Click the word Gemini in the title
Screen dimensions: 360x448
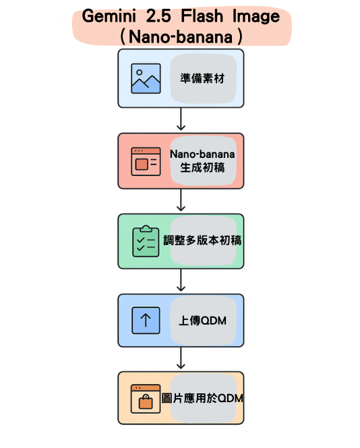(109, 16)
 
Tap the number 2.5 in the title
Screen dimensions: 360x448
(158, 16)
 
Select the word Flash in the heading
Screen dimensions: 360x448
(202, 16)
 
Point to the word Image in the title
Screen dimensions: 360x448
(256, 17)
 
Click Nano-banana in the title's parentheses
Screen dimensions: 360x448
(181, 37)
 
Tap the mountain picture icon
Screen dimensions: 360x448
(146, 78)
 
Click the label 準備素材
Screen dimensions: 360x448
(202, 78)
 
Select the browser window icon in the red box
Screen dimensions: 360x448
(146, 161)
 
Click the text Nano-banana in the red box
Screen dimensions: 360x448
(202, 155)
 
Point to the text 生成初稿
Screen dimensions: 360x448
(202, 168)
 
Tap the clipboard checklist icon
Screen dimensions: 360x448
(146, 241)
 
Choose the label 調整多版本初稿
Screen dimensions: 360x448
(202, 241)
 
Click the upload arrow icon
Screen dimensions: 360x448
(146, 320)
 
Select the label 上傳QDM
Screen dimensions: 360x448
(202, 320)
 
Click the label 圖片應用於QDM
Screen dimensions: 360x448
(202, 398)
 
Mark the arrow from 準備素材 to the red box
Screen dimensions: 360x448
(181, 119)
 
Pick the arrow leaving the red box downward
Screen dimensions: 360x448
(181, 200)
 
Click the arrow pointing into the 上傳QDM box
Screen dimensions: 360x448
(181, 280)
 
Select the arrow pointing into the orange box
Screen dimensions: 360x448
(181, 358)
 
